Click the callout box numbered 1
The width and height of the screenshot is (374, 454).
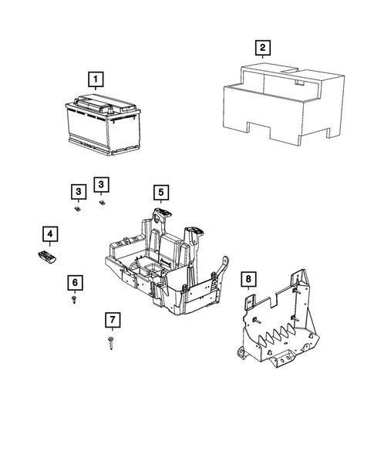(94, 79)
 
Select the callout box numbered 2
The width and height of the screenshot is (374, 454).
(263, 49)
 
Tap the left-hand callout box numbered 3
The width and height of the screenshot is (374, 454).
(79, 190)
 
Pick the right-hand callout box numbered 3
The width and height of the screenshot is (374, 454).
(100, 183)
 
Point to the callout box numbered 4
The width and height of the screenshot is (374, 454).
(49, 234)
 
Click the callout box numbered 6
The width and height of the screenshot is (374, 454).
(74, 282)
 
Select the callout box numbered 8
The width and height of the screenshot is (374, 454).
(248, 278)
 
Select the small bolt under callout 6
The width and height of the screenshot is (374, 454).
(73, 298)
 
